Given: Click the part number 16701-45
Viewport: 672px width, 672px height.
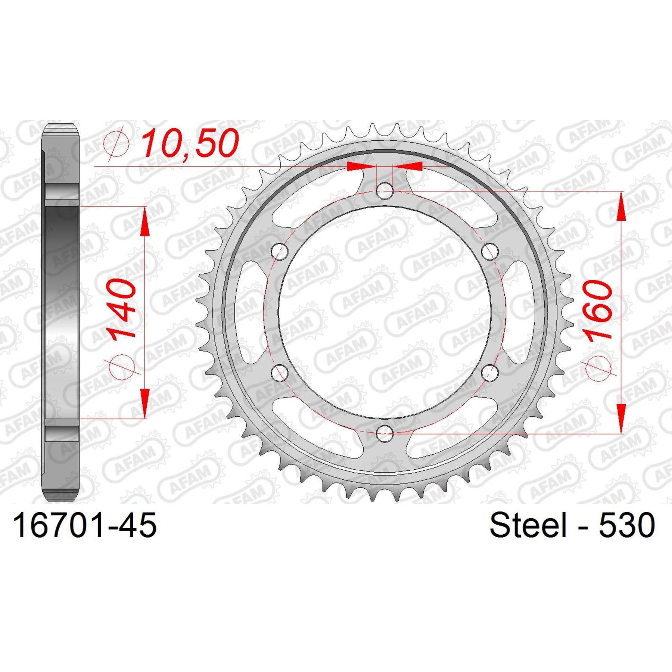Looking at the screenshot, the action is [85, 525].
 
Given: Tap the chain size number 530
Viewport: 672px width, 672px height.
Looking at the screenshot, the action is [627, 525].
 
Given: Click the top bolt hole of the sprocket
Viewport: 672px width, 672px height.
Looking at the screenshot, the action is [384, 192].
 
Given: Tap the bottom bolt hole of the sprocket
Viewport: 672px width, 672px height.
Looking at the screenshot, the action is [385, 433].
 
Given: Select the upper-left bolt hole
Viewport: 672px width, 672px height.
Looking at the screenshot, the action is [280, 252].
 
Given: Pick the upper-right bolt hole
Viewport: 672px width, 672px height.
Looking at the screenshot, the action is [489, 252].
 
